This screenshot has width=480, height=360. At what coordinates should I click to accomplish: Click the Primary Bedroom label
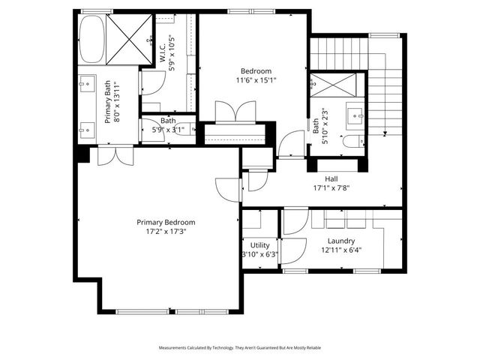(166, 222)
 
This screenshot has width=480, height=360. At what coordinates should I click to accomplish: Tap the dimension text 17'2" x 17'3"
(166, 232)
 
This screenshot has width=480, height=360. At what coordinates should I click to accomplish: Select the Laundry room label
(341, 241)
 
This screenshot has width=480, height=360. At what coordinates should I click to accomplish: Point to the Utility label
(260, 245)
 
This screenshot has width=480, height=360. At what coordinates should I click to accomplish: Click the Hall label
(331, 178)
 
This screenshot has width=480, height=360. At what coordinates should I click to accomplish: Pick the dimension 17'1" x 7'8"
(331, 187)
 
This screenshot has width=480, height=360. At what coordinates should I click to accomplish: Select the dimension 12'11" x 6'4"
(341, 250)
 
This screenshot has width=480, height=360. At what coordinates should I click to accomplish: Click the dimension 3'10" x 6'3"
(260, 254)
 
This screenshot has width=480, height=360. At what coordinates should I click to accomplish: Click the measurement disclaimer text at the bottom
(240, 348)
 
